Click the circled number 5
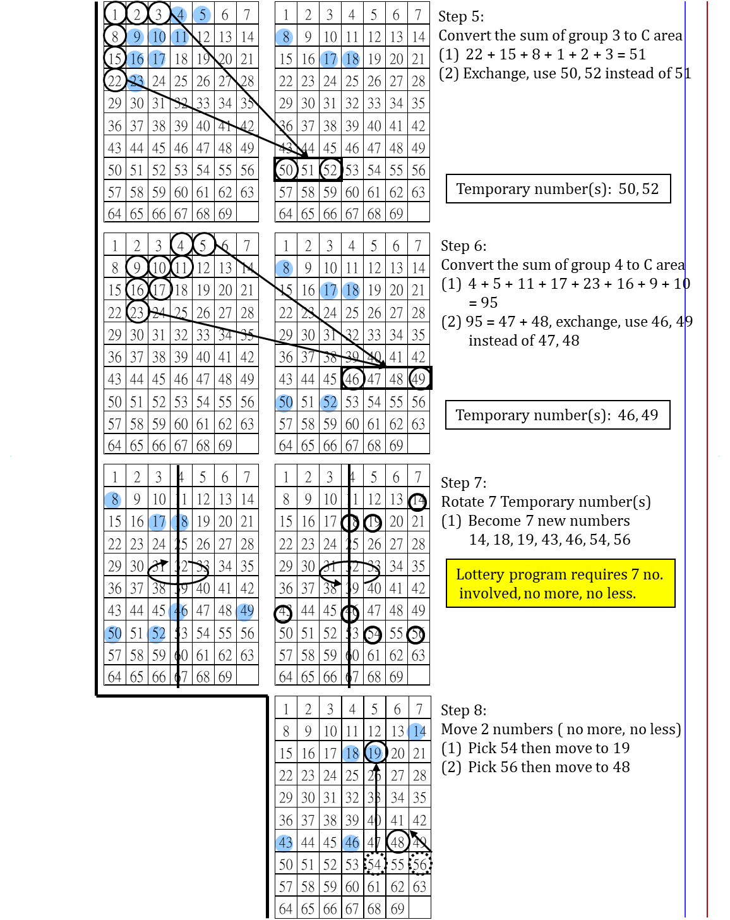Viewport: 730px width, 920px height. (201, 15)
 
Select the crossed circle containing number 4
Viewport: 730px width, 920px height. (178, 15)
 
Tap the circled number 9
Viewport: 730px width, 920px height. (135, 37)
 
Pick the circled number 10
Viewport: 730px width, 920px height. (157, 37)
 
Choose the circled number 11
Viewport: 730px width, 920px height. (180, 37)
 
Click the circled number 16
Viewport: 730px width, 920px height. (135, 59)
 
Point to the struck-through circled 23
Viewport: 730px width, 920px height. (136, 82)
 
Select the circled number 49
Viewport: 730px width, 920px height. (244, 612)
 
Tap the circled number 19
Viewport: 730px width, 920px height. (374, 753)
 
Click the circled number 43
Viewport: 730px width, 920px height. (284, 843)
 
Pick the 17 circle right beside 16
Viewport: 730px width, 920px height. (157, 59)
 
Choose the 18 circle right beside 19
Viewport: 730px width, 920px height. (351, 753)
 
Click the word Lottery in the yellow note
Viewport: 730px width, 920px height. (480, 574)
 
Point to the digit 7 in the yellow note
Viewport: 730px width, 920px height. (635, 574)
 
